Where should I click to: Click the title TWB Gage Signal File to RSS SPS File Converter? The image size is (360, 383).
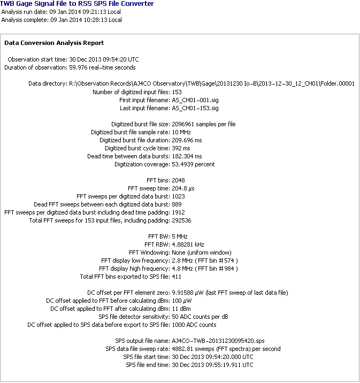pyautogui.click(x=77, y=4)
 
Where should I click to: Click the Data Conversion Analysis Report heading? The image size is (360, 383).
pyautogui.click(x=54, y=43)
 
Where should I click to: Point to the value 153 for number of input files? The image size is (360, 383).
pyautogui.click(x=177, y=91)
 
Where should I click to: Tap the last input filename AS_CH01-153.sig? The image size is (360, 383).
pyautogui.click(x=195, y=108)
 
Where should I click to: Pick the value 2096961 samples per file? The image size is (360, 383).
pyautogui.click(x=203, y=124)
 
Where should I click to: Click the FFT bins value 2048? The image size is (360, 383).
pyautogui.click(x=178, y=180)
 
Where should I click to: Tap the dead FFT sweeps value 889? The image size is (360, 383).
pyautogui.click(x=177, y=204)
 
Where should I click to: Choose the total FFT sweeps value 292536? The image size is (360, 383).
pyautogui.click(x=181, y=220)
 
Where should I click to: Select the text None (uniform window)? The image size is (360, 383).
pyautogui.click(x=201, y=252)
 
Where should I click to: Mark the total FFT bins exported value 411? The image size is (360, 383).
pyautogui.click(x=177, y=277)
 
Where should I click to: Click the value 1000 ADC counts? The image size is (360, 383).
pyautogui.click(x=194, y=325)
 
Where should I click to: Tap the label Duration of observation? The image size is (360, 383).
pyautogui.click(x=36, y=67)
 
